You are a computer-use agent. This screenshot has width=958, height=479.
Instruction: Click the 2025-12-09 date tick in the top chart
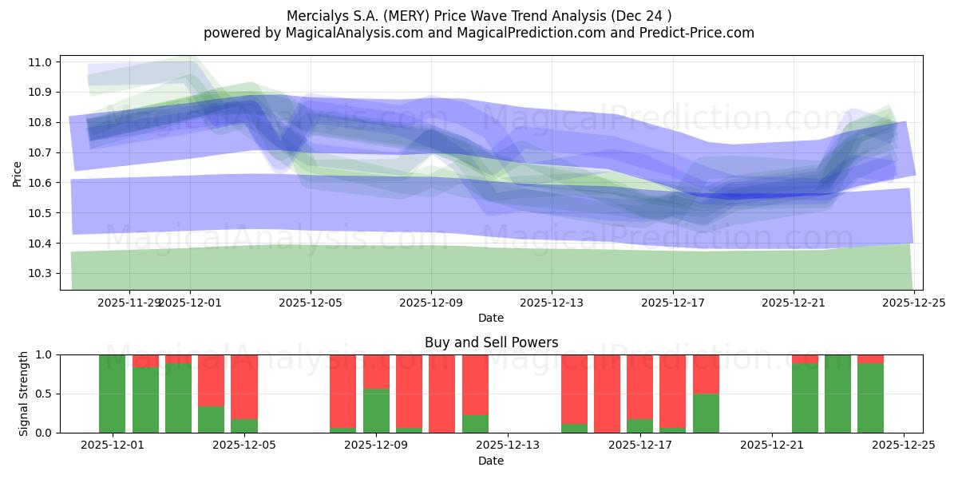coord(431,303)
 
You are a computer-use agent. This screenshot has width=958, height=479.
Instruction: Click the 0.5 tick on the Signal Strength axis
coord(46,394)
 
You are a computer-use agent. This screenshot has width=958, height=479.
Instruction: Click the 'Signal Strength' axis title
coord(24,394)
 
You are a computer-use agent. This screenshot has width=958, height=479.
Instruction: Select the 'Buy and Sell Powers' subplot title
coord(490,342)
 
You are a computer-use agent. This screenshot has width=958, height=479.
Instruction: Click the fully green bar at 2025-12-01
coord(112,394)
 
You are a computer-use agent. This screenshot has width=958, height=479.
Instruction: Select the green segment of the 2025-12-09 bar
coord(376,410)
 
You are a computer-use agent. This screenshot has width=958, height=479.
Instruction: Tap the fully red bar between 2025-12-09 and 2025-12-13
coord(441,394)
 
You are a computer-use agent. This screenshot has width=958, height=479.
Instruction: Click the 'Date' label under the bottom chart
coord(490,461)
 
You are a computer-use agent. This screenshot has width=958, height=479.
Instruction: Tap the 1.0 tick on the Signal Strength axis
coord(46,354)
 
